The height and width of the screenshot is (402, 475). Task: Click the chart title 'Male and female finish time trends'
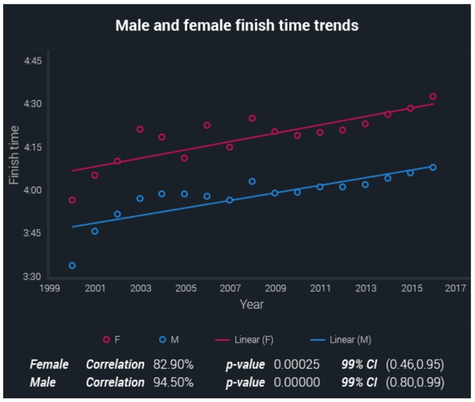pyautogui.click(x=237, y=25)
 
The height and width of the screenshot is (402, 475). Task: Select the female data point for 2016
pyautogui.click(x=433, y=97)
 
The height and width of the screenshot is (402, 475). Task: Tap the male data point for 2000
pyautogui.click(x=72, y=266)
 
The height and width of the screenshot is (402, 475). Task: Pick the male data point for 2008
pyautogui.click(x=252, y=181)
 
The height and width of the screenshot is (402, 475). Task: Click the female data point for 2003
pyautogui.click(x=140, y=129)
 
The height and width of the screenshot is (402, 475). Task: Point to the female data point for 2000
pyautogui.click(x=72, y=200)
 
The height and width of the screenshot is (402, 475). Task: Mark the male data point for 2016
pyautogui.click(x=433, y=168)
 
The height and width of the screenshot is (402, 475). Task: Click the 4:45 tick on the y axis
pyautogui.click(x=32, y=61)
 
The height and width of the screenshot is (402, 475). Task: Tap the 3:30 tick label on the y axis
pyautogui.click(x=32, y=277)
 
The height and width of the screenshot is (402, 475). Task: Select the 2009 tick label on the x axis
pyautogui.click(x=276, y=288)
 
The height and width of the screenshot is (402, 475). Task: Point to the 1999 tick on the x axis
pyautogui.click(x=49, y=288)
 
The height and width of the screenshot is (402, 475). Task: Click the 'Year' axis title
pyautogui.click(x=251, y=304)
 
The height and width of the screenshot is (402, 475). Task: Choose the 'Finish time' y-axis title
pyautogui.click(x=14, y=155)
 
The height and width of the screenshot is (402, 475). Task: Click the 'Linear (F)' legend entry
pyautogui.click(x=244, y=340)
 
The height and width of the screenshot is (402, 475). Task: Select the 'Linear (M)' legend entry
pyautogui.click(x=340, y=340)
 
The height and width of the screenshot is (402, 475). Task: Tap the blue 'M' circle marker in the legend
pyautogui.click(x=162, y=340)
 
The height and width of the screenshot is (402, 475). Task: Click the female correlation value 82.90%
pyautogui.click(x=173, y=364)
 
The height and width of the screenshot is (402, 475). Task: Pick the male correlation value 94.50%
pyautogui.click(x=173, y=383)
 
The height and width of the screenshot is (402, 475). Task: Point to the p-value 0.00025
pyautogui.click(x=296, y=364)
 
